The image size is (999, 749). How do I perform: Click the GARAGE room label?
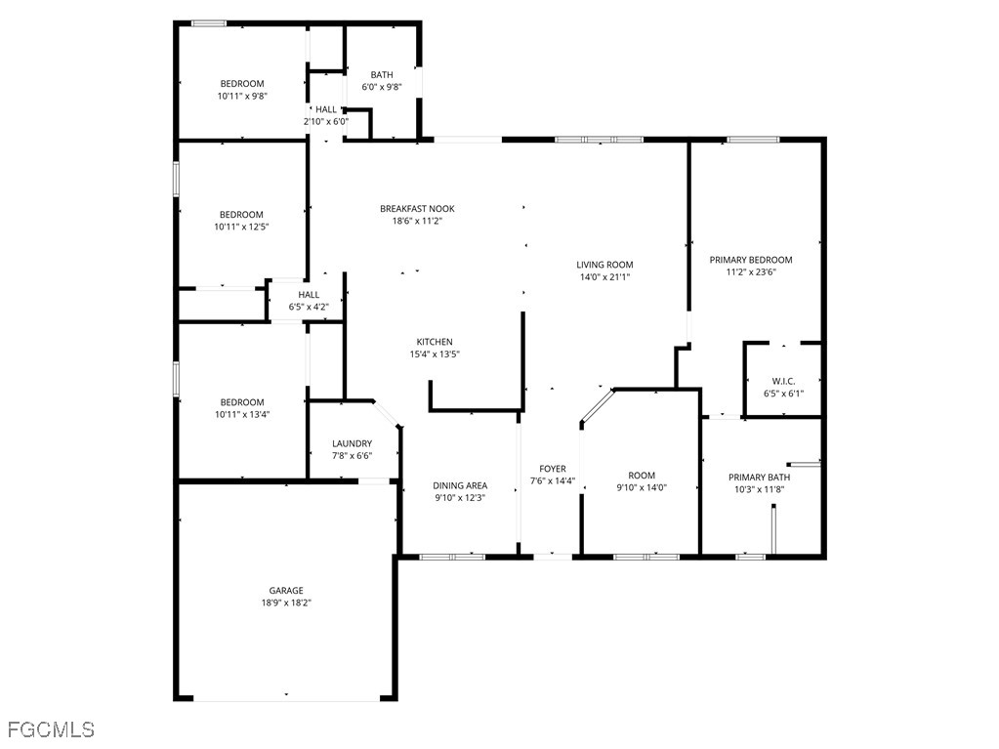point(286,591)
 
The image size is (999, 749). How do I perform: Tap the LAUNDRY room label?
point(352,444)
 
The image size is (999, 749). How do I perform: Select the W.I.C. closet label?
point(783,382)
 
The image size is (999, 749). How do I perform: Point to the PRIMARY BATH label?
point(759,478)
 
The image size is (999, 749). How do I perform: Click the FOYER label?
point(553,470)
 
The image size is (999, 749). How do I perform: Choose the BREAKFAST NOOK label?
point(417,209)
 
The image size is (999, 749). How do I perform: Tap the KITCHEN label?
point(435,342)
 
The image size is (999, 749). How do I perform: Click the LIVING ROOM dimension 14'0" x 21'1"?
point(604,277)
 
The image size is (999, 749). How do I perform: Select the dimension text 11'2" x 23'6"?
point(751,271)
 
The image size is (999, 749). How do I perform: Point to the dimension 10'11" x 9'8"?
point(242,96)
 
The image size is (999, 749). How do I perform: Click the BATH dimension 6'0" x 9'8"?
point(382,87)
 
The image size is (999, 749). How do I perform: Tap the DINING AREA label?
point(460,486)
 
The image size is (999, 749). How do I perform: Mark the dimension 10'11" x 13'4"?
point(242,415)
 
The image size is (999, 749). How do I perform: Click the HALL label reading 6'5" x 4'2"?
point(309,301)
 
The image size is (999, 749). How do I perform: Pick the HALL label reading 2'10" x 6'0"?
point(325,115)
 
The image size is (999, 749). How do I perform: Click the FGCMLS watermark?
point(51,729)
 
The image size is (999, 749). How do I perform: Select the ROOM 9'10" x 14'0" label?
point(642,481)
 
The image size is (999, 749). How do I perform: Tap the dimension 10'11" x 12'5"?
point(241,227)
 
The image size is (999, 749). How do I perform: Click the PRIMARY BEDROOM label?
point(751,260)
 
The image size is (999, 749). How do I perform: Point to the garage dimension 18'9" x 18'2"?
point(286,603)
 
